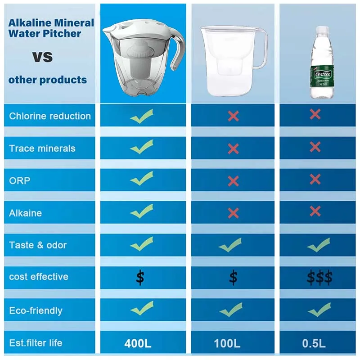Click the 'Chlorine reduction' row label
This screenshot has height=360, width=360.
point(50,116)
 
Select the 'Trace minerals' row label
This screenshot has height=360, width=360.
point(42,148)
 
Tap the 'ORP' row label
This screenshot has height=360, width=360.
point(19,181)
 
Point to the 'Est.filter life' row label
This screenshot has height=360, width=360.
point(36,343)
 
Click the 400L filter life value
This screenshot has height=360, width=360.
point(138,343)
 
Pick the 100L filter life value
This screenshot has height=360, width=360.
point(227,343)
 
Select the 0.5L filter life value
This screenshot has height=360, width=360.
point(314,343)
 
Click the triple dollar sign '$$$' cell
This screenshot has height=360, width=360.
point(319,277)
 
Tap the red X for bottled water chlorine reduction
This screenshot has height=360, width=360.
point(315,114)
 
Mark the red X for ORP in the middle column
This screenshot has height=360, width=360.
point(233,181)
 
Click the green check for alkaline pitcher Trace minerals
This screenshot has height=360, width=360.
point(142,147)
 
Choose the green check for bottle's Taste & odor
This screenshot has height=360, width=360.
point(319,245)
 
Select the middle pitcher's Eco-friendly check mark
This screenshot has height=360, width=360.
point(231,310)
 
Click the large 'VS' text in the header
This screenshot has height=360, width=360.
point(42,57)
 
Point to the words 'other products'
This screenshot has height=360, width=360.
point(48,80)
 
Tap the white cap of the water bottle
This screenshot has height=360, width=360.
point(322,30)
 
